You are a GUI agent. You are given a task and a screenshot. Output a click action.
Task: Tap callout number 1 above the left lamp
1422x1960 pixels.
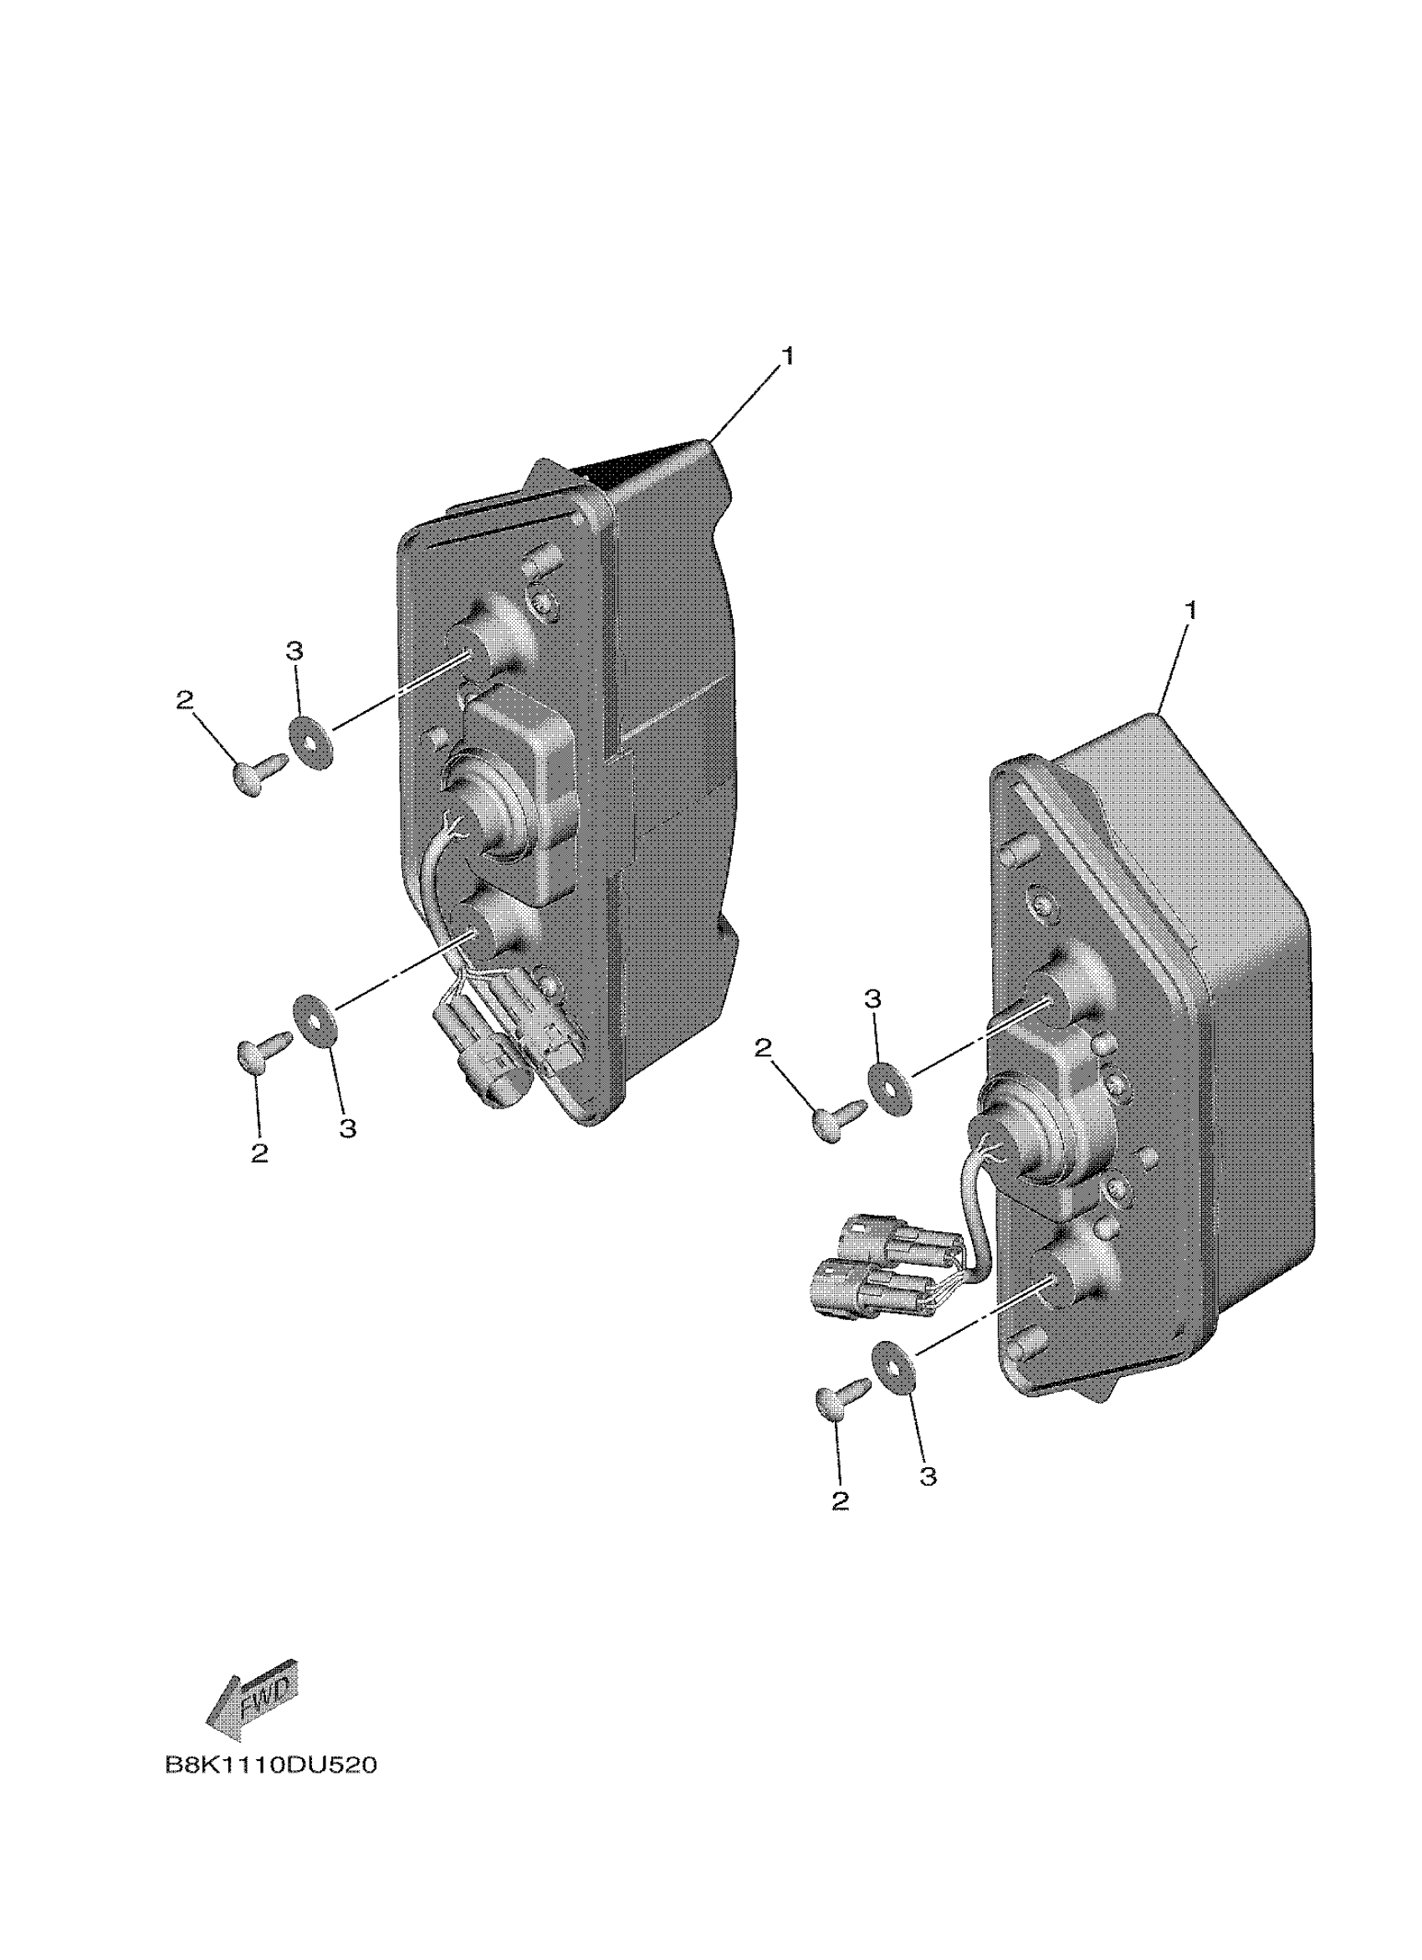click(x=786, y=356)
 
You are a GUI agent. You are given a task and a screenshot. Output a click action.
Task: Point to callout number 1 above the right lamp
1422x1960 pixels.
click(x=1190, y=610)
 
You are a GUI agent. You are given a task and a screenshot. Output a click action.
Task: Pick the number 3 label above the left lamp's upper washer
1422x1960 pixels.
click(x=294, y=651)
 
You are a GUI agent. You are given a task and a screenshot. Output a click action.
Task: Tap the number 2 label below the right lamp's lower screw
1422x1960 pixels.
click(x=840, y=1501)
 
